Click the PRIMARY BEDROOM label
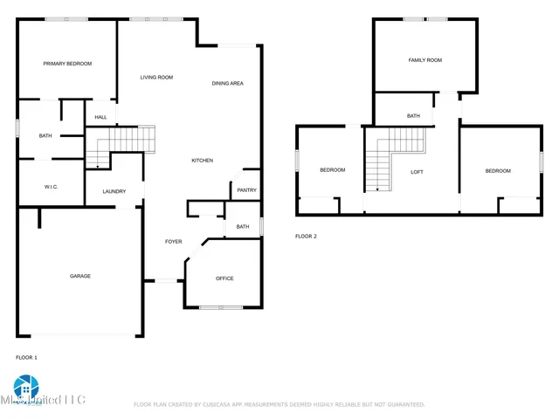click(68, 64)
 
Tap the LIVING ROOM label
click(157, 78)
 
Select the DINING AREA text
click(227, 83)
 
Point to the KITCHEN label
click(203, 161)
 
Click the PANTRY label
click(246, 190)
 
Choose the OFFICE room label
click(224, 278)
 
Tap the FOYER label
click(174, 242)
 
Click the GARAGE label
click(80, 276)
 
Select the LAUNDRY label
click(114, 192)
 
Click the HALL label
click(100, 118)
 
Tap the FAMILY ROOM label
click(425, 60)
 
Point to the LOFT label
click(418, 172)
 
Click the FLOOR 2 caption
click(306, 237)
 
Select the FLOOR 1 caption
click(26, 357)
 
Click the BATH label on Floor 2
click(413, 116)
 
